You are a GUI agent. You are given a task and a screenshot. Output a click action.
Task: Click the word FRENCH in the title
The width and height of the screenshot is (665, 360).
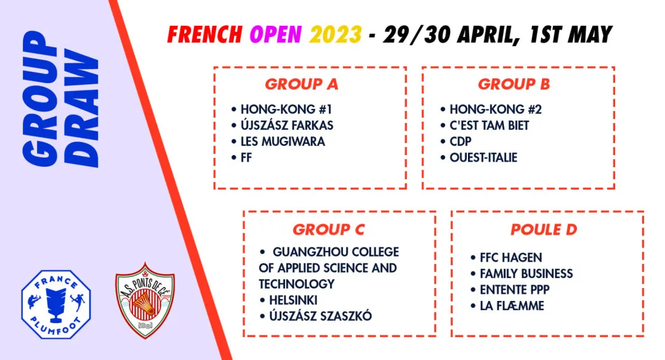pos(205,35)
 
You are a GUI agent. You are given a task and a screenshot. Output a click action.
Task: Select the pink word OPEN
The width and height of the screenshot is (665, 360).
pos(276,35)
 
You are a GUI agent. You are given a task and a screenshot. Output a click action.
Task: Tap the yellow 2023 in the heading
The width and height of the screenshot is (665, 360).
pos(336,35)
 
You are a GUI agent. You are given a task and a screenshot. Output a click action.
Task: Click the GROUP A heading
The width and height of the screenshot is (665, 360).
pos(302,84)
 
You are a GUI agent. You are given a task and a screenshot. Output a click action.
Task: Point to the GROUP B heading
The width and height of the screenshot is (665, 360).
pos(514,84)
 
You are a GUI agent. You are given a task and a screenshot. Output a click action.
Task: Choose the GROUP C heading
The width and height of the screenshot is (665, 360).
pos(329,230)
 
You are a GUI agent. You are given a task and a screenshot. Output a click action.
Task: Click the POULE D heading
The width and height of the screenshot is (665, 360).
pos(544,230)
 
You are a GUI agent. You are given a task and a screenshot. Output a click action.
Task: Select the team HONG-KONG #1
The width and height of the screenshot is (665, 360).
pos(286,110)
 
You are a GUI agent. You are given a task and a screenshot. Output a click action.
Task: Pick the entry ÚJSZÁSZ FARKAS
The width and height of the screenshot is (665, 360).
pos(287,125)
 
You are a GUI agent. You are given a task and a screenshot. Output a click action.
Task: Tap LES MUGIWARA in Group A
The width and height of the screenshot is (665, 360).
pos(283,141)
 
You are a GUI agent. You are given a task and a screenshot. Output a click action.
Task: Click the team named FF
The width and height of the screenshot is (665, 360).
pos(246,158)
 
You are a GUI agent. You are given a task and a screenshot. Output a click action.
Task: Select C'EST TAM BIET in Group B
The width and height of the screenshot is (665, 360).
pos(490,126)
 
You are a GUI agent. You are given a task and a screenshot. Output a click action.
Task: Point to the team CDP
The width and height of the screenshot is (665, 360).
pos(461,141)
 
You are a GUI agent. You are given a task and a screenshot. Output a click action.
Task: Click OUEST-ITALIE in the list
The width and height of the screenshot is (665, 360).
pos(483,158)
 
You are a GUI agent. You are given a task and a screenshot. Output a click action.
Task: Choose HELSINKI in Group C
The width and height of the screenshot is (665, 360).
pos(294,300)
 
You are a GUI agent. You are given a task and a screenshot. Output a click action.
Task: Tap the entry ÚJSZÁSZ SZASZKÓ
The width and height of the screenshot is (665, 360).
pos(321,316)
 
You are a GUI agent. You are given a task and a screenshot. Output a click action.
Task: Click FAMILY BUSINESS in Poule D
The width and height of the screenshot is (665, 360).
pos(526,274)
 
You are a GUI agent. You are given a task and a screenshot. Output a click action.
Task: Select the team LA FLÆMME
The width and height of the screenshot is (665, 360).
pos(512,306)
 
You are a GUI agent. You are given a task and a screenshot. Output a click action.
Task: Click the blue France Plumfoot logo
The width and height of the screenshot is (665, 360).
pos(56,304)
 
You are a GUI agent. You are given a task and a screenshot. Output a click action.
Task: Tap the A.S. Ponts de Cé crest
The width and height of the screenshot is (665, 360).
pos(145,300)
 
